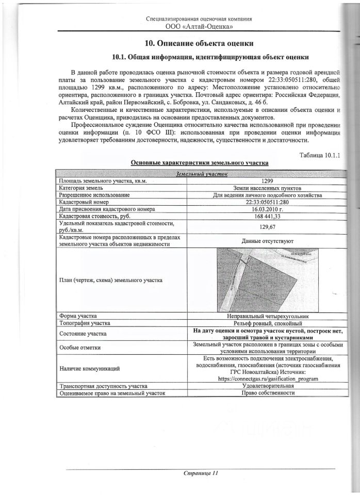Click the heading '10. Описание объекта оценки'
pos(198,43)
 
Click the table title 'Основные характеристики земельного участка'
pos(199,163)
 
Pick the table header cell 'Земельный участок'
pos(202,174)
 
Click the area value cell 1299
pos(267,181)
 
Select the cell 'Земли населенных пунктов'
pos(267,188)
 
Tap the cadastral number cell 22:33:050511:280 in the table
pos(267,202)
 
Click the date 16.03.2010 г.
pos(267,209)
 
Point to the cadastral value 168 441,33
pos(267,217)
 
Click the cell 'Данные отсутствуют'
pos(267,240)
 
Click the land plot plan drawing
pos(267,280)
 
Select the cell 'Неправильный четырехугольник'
pos(267,316)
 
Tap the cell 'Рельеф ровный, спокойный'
pos(267,323)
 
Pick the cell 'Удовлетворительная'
pos(267,386)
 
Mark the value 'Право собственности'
pos(267,393)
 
